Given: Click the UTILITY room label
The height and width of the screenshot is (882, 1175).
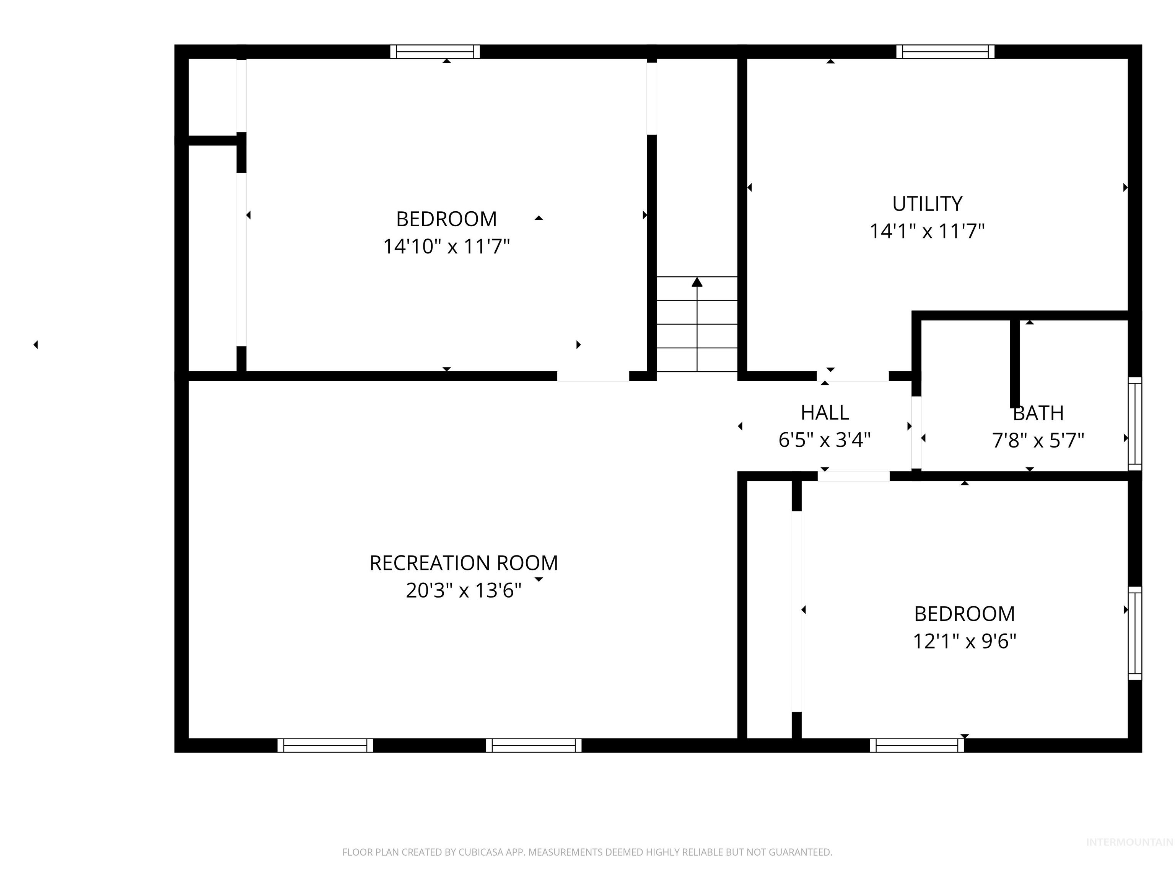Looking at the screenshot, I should tap(927, 204).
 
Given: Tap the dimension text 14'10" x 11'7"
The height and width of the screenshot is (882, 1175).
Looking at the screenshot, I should tap(446, 247).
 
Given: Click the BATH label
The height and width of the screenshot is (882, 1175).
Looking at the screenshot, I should tap(1038, 413).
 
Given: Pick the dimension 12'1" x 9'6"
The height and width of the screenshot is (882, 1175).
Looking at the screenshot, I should tap(964, 642).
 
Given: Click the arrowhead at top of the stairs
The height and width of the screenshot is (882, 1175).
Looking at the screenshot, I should tap(697, 282).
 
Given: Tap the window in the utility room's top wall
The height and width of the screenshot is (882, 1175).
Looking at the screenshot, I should tap(945, 52).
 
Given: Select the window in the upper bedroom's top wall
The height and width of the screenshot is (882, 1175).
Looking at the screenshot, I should tap(435, 52).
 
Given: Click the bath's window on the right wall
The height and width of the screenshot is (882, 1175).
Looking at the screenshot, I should tap(1134, 424).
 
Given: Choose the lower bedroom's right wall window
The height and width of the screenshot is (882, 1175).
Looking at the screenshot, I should tap(1134, 633).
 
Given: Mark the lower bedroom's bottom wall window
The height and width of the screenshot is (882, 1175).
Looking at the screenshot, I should tap(917, 745).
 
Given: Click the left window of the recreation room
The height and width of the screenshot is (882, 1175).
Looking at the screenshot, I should tap(325, 745).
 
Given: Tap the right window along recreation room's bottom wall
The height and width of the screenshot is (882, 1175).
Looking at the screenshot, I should tap(533, 745).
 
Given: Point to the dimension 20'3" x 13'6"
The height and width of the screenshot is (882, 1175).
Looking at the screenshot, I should tap(463, 591).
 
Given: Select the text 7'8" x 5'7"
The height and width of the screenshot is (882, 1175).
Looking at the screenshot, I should tap(1038, 441).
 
